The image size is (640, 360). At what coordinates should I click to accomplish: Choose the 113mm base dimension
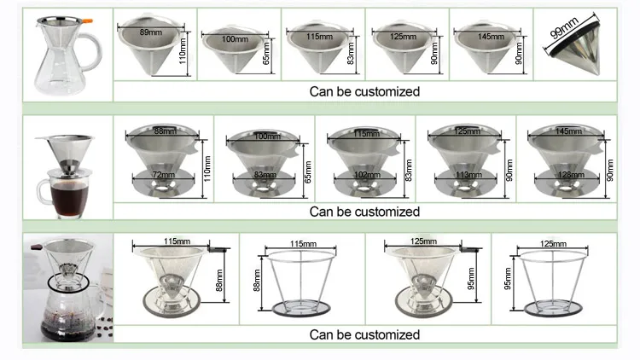click(x=466, y=176)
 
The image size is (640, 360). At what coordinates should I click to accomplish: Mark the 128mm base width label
click(x=565, y=176)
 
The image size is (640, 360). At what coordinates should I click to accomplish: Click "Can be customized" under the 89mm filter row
click(x=364, y=91)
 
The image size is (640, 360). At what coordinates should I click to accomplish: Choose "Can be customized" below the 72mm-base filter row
click(x=364, y=212)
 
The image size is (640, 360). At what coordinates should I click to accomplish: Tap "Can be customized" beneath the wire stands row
click(x=364, y=334)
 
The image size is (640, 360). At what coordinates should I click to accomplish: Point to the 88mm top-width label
click(x=162, y=131)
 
